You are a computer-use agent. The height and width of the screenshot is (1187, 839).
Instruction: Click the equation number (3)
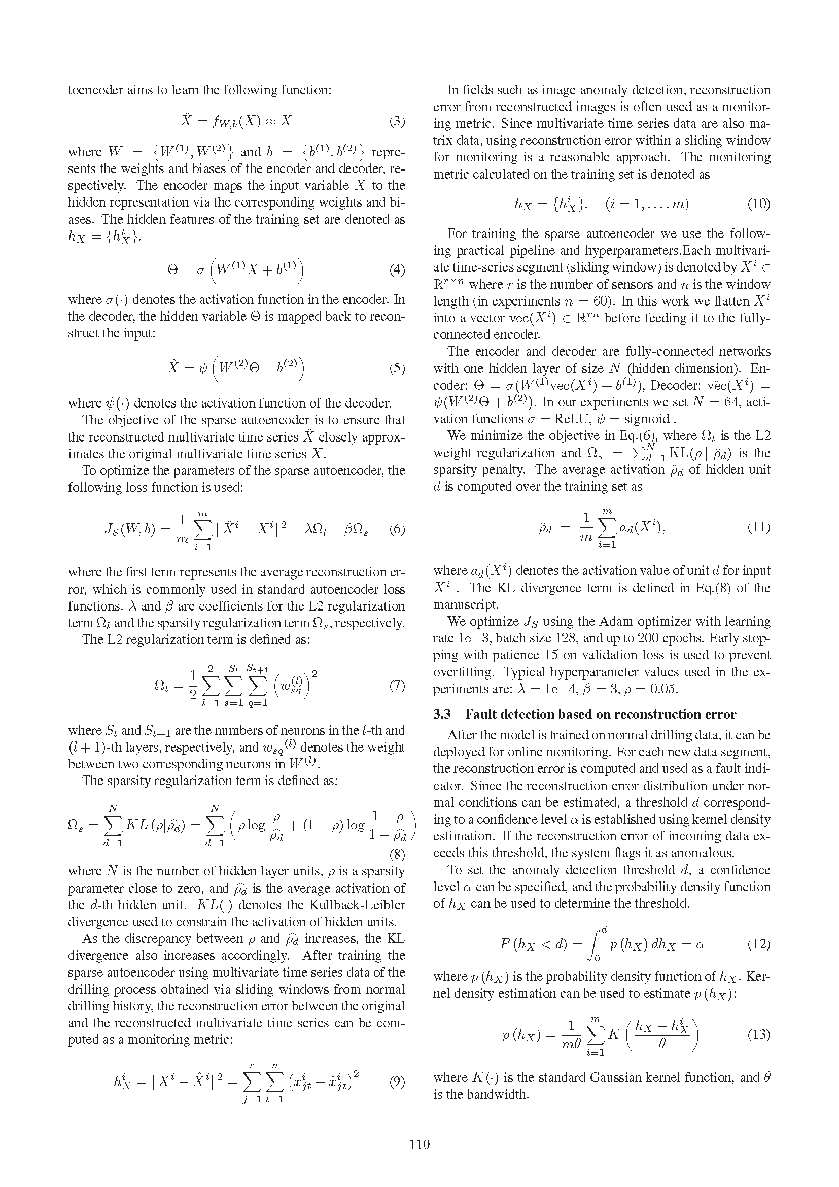(x=397, y=122)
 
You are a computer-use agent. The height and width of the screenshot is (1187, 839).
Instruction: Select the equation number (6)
(x=397, y=529)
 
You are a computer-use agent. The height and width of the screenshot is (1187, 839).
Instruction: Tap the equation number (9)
(x=397, y=1081)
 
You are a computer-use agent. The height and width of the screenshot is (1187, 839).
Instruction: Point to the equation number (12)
(x=758, y=944)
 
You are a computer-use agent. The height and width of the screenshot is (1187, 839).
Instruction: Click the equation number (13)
(x=758, y=1034)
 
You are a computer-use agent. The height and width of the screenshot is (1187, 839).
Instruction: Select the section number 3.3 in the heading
(x=442, y=714)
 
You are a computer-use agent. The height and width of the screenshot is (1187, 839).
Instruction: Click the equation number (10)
(x=758, y=204)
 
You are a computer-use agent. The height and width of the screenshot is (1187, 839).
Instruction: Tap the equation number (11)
(x=758, y=527)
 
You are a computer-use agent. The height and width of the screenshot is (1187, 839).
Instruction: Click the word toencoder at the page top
(x=96, y=90)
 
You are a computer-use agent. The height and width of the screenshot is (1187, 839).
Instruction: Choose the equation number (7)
(x=397, y=686)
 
